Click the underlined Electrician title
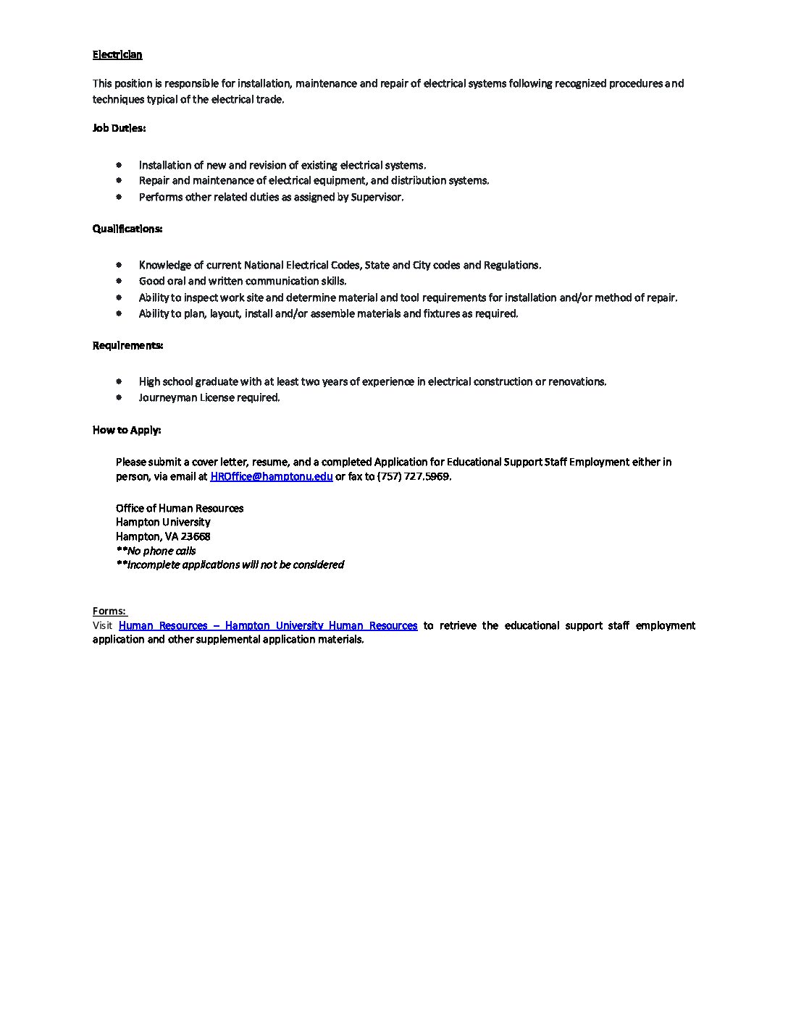tap(117, 54)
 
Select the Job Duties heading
tap(119, 128)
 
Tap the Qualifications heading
tap(127, 229)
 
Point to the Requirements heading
tap(127, 345)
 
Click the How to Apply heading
tap(127, 430)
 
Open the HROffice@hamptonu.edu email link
tap(272, 476)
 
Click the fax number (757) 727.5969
tap(414, 476)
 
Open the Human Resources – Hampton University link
tap(268, 625)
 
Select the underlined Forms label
tap(109, 612)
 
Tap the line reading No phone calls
tap(156, 551)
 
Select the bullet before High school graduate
tap(119, 381)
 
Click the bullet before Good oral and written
tap(119, 281)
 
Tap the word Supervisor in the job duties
tap(377, 197)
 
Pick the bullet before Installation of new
tap(119, 165)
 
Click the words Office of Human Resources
tap(180, 508)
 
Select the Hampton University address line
tap(163, 522)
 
